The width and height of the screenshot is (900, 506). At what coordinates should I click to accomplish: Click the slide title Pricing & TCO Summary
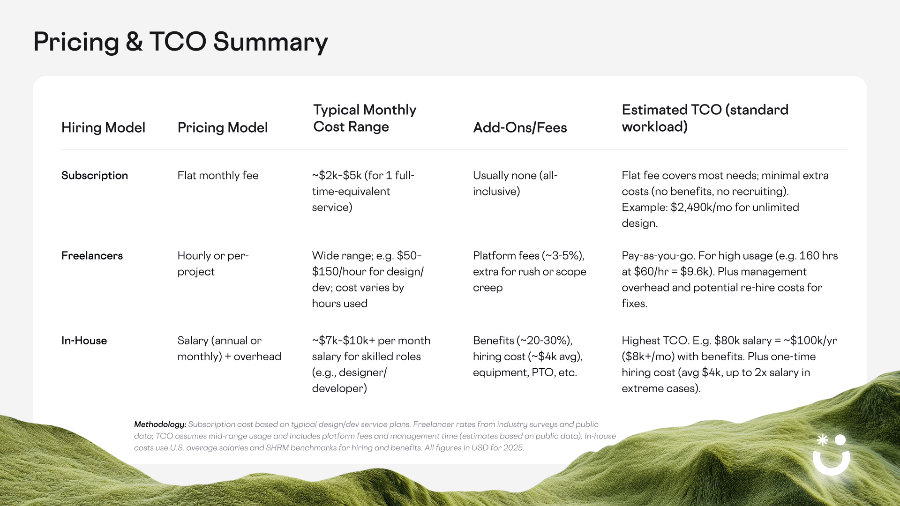[180, 42]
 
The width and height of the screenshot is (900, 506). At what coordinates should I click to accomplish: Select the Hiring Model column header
[103, 127]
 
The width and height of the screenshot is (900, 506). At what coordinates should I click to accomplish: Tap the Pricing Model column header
[223, 127]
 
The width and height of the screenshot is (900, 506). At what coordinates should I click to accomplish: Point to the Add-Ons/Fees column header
[520, 127]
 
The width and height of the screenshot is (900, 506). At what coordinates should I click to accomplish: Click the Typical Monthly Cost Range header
[365, 118]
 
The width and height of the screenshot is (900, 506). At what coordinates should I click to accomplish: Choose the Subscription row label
[95, 175]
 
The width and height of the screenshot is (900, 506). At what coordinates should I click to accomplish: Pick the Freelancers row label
[92, 255]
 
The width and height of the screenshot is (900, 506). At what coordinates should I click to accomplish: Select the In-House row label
[84, 341]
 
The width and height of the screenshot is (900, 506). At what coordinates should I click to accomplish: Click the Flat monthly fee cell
[218, 175]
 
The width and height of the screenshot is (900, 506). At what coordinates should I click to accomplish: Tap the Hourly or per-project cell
[213, 263]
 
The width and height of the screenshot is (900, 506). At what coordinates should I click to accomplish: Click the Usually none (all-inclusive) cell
[515, 183]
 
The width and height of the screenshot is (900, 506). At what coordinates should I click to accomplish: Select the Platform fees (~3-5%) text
[529, 256]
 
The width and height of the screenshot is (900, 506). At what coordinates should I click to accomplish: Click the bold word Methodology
[160, 424]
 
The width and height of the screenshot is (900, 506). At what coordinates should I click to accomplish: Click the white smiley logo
[831, 455]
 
